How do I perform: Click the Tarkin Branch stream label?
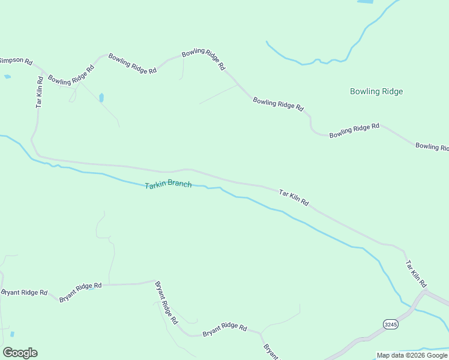168,184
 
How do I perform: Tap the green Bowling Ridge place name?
376,91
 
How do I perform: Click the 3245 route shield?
390,324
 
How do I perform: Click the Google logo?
20,353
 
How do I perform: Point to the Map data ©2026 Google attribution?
412,355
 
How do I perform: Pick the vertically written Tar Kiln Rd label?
40,91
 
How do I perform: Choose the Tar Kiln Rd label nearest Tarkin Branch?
294,198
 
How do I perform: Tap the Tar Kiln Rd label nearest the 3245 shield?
415,274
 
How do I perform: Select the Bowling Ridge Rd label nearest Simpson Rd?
71,74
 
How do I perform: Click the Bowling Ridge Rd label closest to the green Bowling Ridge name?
354,130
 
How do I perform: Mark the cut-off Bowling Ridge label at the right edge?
432,146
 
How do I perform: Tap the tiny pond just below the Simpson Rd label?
7,77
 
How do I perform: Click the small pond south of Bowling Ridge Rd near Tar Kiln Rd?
101,97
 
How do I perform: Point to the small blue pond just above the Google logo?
12,334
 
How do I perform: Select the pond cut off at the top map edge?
364,2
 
